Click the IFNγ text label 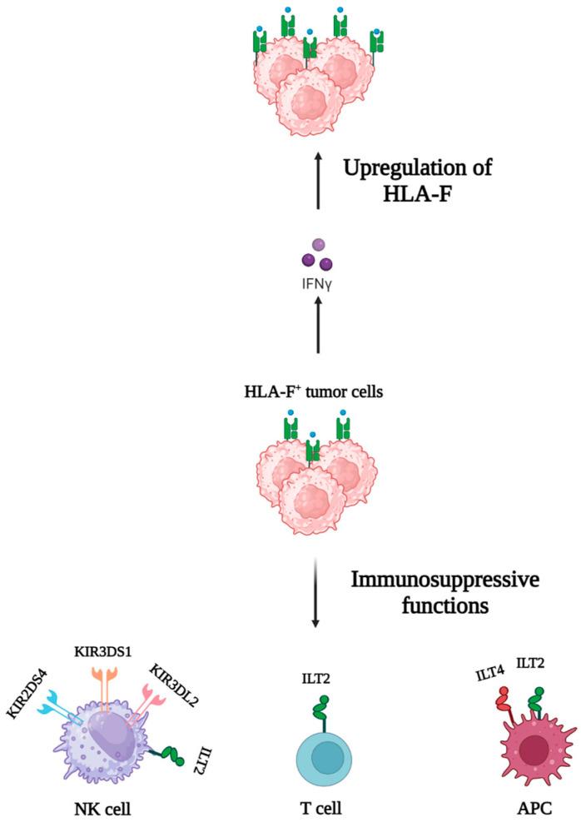pos(315,281)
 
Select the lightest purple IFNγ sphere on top pos(316,245)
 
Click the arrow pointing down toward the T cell pos(315,591)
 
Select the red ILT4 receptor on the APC pos(504,709)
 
